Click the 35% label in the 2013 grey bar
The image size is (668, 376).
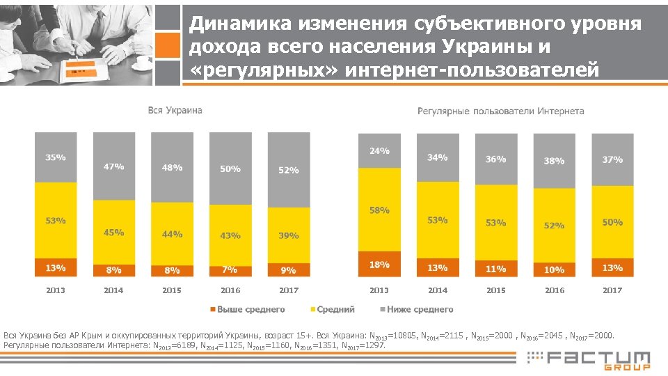click(56, 157)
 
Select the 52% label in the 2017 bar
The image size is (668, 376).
click(288, 170)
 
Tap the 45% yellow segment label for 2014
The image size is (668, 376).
click(113, 233)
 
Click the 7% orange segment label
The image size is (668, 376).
click(230, 269)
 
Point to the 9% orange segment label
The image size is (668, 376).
click(288, 270)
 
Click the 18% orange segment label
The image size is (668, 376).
click(379, 265)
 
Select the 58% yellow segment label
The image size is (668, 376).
click(379, 210)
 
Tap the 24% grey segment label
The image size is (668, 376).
click(379, 150)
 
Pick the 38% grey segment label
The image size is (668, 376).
click(554, 161)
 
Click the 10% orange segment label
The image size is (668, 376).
click(554, 269)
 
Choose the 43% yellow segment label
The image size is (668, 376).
click(230, 236)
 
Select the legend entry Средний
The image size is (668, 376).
click(335, 309)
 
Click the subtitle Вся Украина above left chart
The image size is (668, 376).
click(175, 110)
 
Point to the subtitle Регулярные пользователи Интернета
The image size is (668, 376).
click(500, 111)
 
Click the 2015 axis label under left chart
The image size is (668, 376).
click(172, 290)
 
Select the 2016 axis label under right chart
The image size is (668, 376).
click(554, 290)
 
